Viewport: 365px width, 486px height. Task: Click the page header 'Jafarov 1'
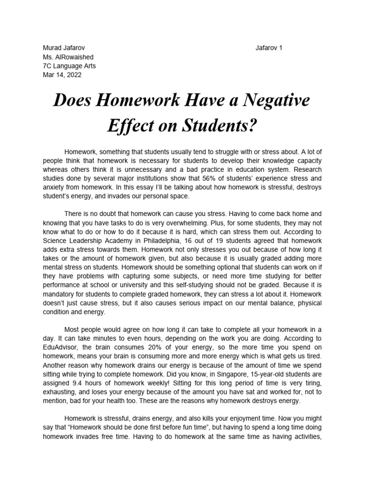point(269,48)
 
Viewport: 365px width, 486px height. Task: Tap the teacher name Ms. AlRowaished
point(69,57)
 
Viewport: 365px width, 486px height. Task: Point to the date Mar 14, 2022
point(62,75)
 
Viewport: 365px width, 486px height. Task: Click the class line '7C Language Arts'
point(69,66)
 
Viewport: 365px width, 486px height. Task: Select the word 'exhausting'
point(61,392)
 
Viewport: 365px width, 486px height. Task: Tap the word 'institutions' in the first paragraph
point(162,178)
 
